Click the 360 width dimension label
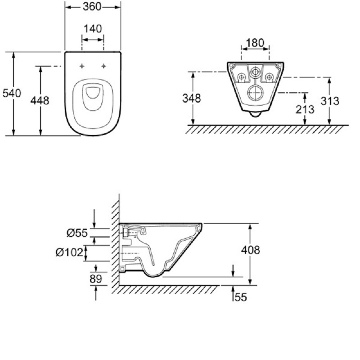pyautogui.click(x=92, y=7)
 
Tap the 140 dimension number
pyautogui.click(x=93, y=29)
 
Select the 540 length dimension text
pyautogui.click(x=12, y=93)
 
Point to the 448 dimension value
pyautogui.click(x=40, y=100)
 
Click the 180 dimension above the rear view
pyautogui.click(x=255, y=43)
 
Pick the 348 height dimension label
pyautogui.click(x=192, y=98)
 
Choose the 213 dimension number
pyautogui.click(x=305, y=109)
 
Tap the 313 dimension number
pyautogui.click(x=330, y=101)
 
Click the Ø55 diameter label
pyautogui.click(x=77, y=233)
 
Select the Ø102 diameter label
pyautogui.click(x=69, y=253)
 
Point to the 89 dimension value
pyautogui.click(x=96, y=279)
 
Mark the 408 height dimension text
pyautogui.click(x=251, y=250)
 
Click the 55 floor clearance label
pyautogui.click(x=241, y=297)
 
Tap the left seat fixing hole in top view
pyautogui.click(x=82, y=66)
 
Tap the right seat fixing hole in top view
pyautogui.click(x=103, y=66)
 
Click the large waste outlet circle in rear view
pyautogui.click(x=255, y=93)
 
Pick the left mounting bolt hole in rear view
pyautogui.click(x=241, y=77)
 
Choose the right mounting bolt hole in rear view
pyautogui.click(x=269, y=77)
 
